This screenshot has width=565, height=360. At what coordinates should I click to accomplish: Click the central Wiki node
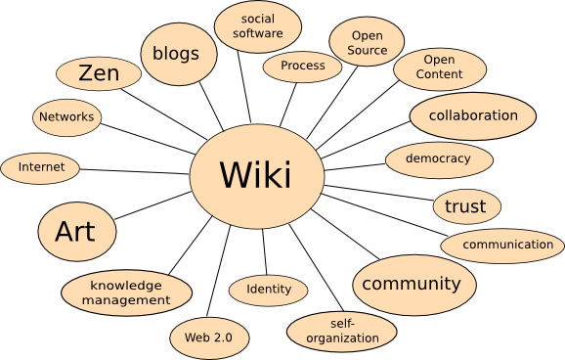256,176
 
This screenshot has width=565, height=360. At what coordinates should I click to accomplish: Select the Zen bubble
99,73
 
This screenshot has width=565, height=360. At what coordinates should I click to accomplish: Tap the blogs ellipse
176,54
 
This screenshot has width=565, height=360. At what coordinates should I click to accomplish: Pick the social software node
257,26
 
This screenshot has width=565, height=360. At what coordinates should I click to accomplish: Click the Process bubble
302,67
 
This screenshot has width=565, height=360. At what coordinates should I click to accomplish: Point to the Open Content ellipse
439,67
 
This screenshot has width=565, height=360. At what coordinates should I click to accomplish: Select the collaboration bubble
472,115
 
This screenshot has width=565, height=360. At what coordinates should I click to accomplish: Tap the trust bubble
465,206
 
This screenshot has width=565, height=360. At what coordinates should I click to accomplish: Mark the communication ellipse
502,245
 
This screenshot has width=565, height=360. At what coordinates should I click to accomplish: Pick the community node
413,285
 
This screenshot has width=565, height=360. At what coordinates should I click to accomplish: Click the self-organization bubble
341,332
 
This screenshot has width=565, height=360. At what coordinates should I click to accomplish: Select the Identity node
269,290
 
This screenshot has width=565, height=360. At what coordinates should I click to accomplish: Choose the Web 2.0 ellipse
208,337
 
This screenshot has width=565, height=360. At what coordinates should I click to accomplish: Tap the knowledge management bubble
126,292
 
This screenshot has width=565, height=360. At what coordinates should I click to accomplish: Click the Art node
75,232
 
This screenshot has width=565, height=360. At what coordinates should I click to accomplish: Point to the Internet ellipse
42,167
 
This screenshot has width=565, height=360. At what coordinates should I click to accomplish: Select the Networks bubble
66,117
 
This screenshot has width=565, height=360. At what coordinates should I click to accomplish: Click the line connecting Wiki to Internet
137,170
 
